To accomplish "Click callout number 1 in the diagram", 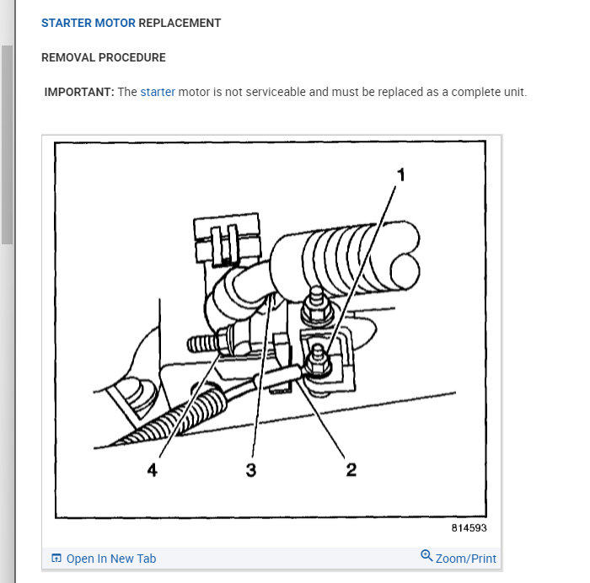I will pyautogui.click(x=401, y=175).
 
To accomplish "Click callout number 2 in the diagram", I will pyautogui.click(x=351, y=469).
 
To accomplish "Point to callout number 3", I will pyautogui.click(x=250, y=469).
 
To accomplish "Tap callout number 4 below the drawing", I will pyautogui.click(x=152, y=469).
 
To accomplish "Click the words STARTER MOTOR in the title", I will pyautogui.click(x=88, y=24).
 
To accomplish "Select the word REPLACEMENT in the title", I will pyautogui.click(x=180, y=24).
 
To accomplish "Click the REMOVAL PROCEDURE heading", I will pyautogui.click(x=104, y=57).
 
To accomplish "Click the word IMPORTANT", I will pyautogui.click(x=78, y=92).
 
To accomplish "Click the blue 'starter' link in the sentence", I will pyautogui.click(x=158, y=92).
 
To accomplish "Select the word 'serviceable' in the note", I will pyautogui.click(x=274, y=92).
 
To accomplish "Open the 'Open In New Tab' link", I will pyautogui.click(x=111, y=559).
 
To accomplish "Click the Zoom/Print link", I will pyautogui.click(x=466, y=559).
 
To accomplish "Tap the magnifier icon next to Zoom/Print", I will pyautogui.click(x=426, y=557).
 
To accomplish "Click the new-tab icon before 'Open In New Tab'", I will pyautogui.click(x=56, y=559).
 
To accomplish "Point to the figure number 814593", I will pyautogui.click(x=469, y=528).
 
